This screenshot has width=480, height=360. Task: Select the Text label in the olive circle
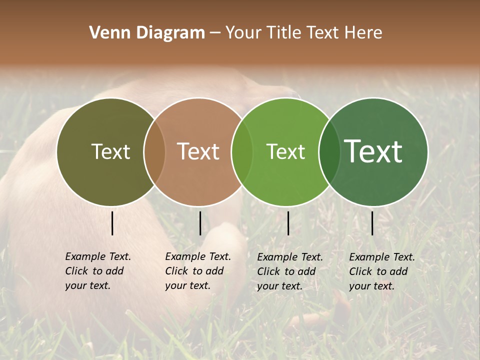110,151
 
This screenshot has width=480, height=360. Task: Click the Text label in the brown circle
198,151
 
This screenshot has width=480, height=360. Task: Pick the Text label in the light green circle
285,151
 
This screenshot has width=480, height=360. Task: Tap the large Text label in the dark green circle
373,151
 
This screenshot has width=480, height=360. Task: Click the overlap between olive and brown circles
154,152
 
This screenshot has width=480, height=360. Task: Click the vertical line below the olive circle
112,223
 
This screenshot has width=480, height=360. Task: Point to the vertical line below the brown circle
200,223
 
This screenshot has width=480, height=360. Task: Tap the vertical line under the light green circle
288,223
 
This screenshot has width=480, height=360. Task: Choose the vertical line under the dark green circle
372,223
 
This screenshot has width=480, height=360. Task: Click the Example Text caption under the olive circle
97,271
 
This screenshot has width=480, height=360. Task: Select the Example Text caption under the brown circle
197,271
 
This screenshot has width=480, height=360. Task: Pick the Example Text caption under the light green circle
289,271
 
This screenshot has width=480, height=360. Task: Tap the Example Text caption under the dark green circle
381,271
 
